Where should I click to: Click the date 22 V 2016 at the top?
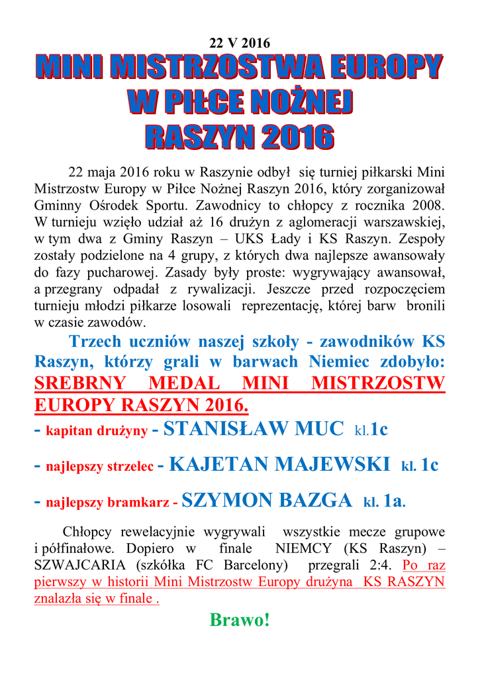tap(240, 43)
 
